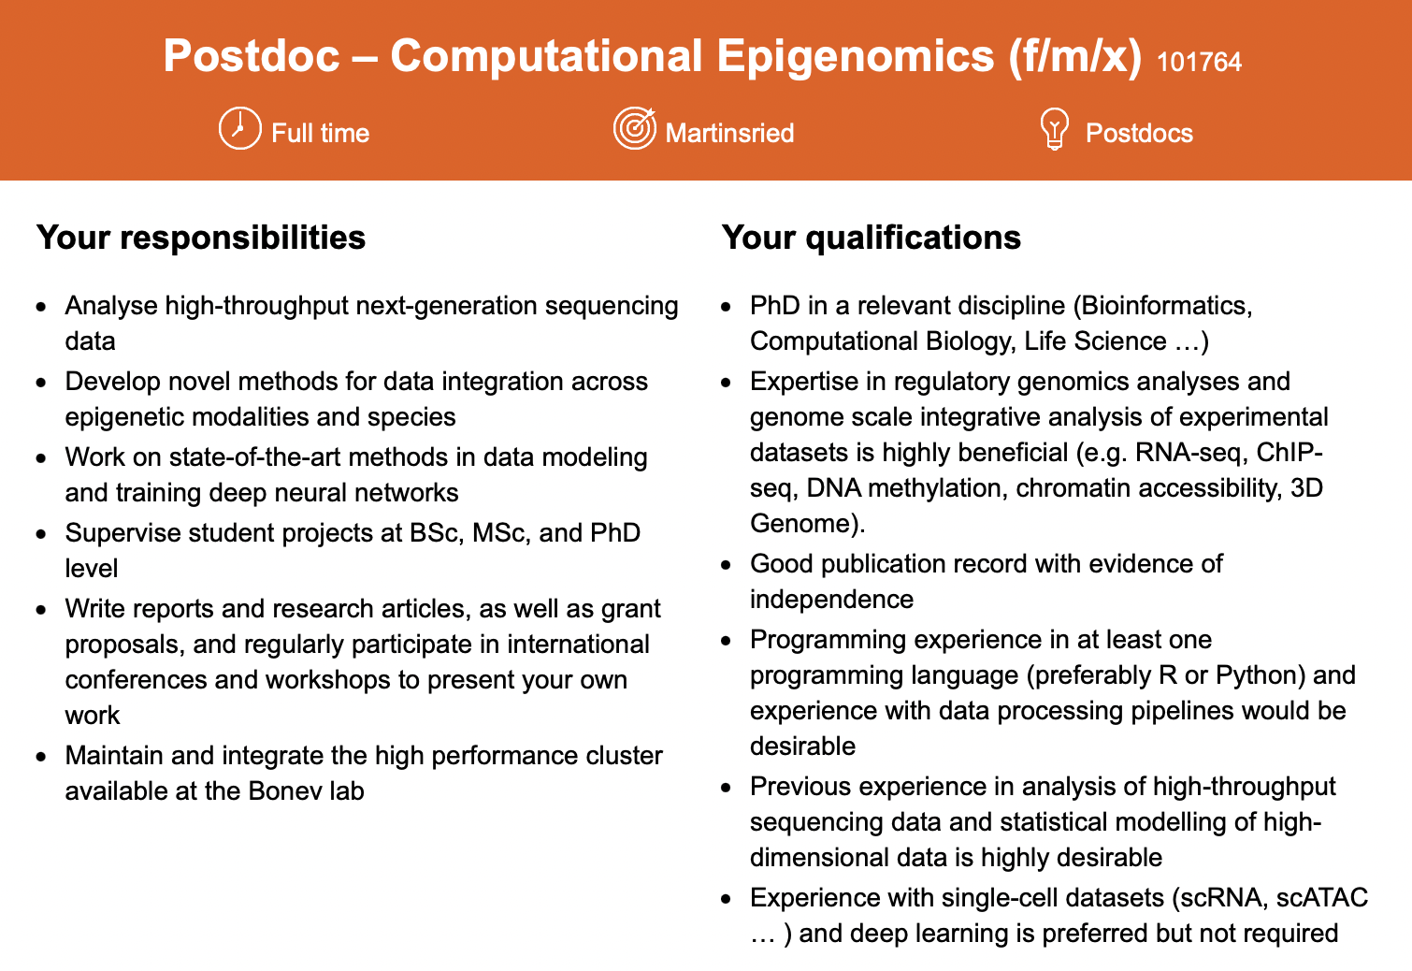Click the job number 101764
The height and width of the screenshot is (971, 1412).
point(1199,62)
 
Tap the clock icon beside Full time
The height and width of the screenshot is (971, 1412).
point(239,129)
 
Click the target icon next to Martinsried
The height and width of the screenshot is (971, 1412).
point(634,128)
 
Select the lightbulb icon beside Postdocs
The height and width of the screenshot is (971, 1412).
point(1054,129)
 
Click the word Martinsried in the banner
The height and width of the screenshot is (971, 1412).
point(729,133)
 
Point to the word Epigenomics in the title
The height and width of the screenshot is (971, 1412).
point(855,56)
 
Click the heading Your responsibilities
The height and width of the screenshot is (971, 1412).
point(201,238)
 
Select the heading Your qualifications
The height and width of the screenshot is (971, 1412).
point(872,238)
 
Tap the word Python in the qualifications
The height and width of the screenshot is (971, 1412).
point(1261,675)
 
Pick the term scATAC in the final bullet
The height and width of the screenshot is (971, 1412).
point(1322,898)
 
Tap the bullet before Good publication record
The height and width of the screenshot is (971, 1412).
point(727,565)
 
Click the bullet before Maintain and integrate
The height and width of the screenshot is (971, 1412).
point(41,757)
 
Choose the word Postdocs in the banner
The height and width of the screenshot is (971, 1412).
point(1139,133)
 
